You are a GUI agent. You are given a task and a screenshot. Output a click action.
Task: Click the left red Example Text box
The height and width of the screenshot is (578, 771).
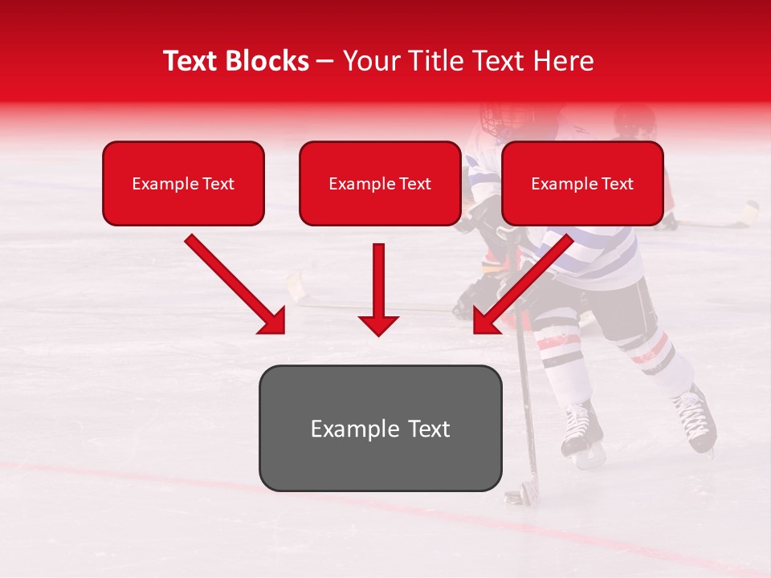coord(183,184)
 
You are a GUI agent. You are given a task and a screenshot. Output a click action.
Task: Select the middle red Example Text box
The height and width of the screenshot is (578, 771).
coord(380,184)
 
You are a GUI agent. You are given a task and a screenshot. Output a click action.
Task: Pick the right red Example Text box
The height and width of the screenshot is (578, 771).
coord(582,184)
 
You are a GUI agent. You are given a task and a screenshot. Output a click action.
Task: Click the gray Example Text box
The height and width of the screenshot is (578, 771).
coord(380,429)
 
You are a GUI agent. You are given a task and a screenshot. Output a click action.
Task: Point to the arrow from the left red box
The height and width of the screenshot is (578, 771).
coord(236,285)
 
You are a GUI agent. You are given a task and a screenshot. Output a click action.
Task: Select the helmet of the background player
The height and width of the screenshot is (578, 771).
coord(634,120)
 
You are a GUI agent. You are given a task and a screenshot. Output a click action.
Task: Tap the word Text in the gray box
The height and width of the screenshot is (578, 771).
coord(426,429)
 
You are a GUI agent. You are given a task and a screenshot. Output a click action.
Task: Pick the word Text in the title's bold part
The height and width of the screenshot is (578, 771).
coord(194,61)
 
